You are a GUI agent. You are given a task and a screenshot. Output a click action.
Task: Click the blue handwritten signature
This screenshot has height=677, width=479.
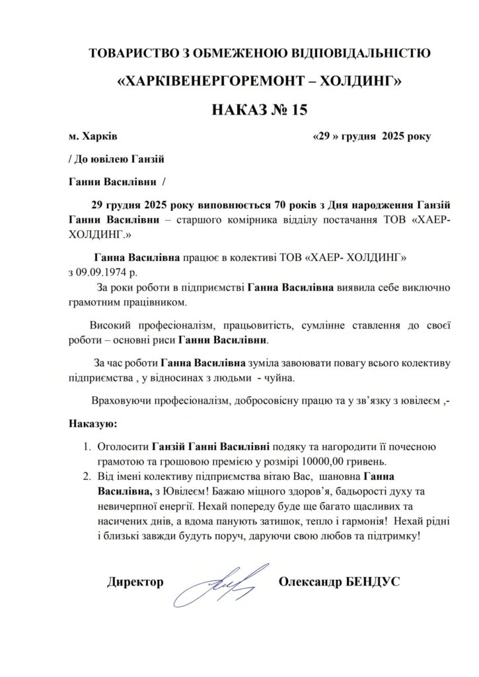coord(222,582)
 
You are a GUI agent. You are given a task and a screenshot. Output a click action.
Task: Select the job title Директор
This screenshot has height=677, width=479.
coord(135,582)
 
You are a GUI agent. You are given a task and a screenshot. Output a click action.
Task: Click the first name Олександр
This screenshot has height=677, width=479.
coord(311,582)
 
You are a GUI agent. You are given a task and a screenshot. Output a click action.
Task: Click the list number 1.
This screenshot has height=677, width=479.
coord(86,446)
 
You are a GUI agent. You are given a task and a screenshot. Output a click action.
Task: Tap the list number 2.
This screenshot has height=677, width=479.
coord(86,475)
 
